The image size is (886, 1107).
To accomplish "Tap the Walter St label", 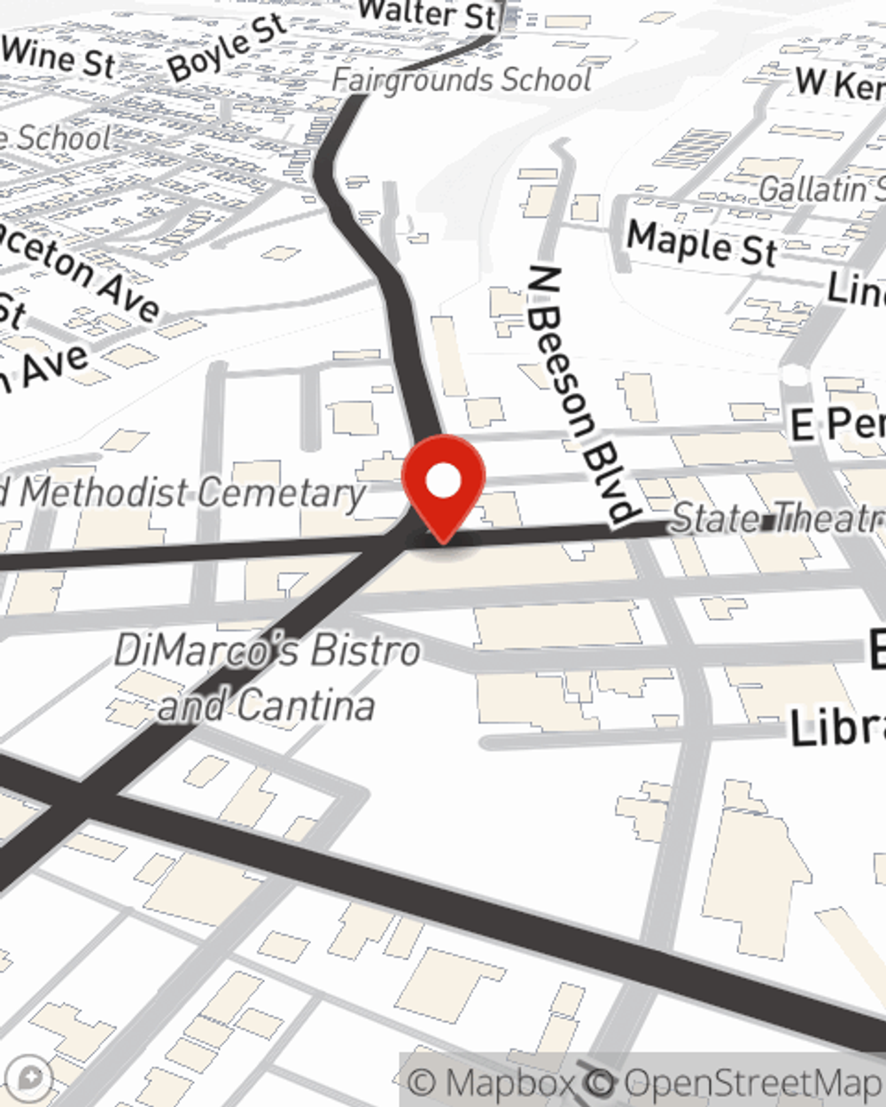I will point(428,15).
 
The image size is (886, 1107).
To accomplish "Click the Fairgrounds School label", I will point(461,80).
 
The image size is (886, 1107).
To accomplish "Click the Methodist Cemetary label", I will point(190,492).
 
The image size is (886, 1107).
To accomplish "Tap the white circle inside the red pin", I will point(443,482).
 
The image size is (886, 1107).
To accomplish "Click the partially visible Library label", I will point(837,728).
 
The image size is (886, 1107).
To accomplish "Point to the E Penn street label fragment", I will point(837,424).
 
